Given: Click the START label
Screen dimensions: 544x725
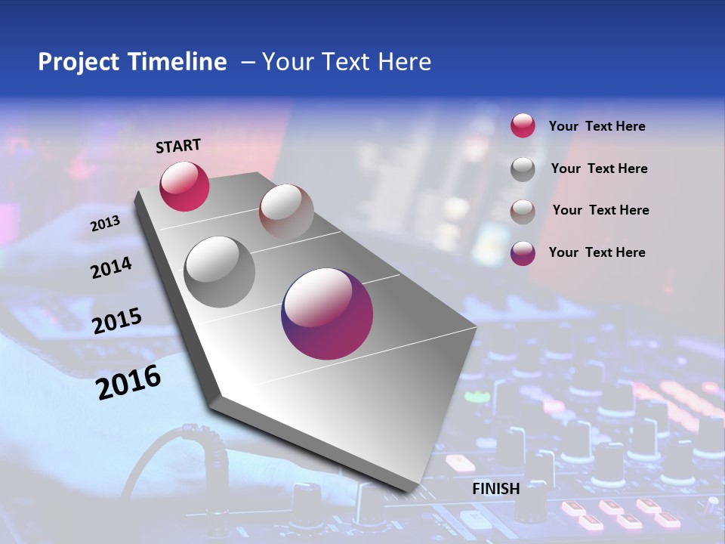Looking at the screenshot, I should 178,146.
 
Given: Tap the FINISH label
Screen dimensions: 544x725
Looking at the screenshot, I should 495,489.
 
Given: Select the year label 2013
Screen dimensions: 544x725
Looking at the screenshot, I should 105,224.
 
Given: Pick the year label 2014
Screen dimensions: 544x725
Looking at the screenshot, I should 111,267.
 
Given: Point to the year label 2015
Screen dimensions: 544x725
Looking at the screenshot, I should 117,321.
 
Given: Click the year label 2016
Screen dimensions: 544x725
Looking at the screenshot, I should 128,382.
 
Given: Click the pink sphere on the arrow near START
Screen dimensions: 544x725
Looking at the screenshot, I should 184,187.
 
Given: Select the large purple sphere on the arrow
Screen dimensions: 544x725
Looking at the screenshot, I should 327,314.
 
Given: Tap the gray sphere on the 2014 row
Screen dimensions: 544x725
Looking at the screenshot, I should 220,271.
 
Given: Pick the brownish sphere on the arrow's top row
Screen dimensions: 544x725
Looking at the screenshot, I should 286,212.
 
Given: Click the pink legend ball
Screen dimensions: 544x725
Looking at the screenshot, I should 523,126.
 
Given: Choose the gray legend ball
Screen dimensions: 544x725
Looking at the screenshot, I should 523,169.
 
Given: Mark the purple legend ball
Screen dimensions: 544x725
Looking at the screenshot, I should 523,253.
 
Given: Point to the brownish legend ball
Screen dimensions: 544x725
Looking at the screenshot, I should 523,211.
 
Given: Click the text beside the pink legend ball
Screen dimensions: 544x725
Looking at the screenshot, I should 597,127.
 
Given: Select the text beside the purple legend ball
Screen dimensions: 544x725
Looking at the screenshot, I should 597,252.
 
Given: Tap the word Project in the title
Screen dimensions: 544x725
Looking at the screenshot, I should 78,62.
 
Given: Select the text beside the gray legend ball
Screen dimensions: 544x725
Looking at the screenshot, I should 599,168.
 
